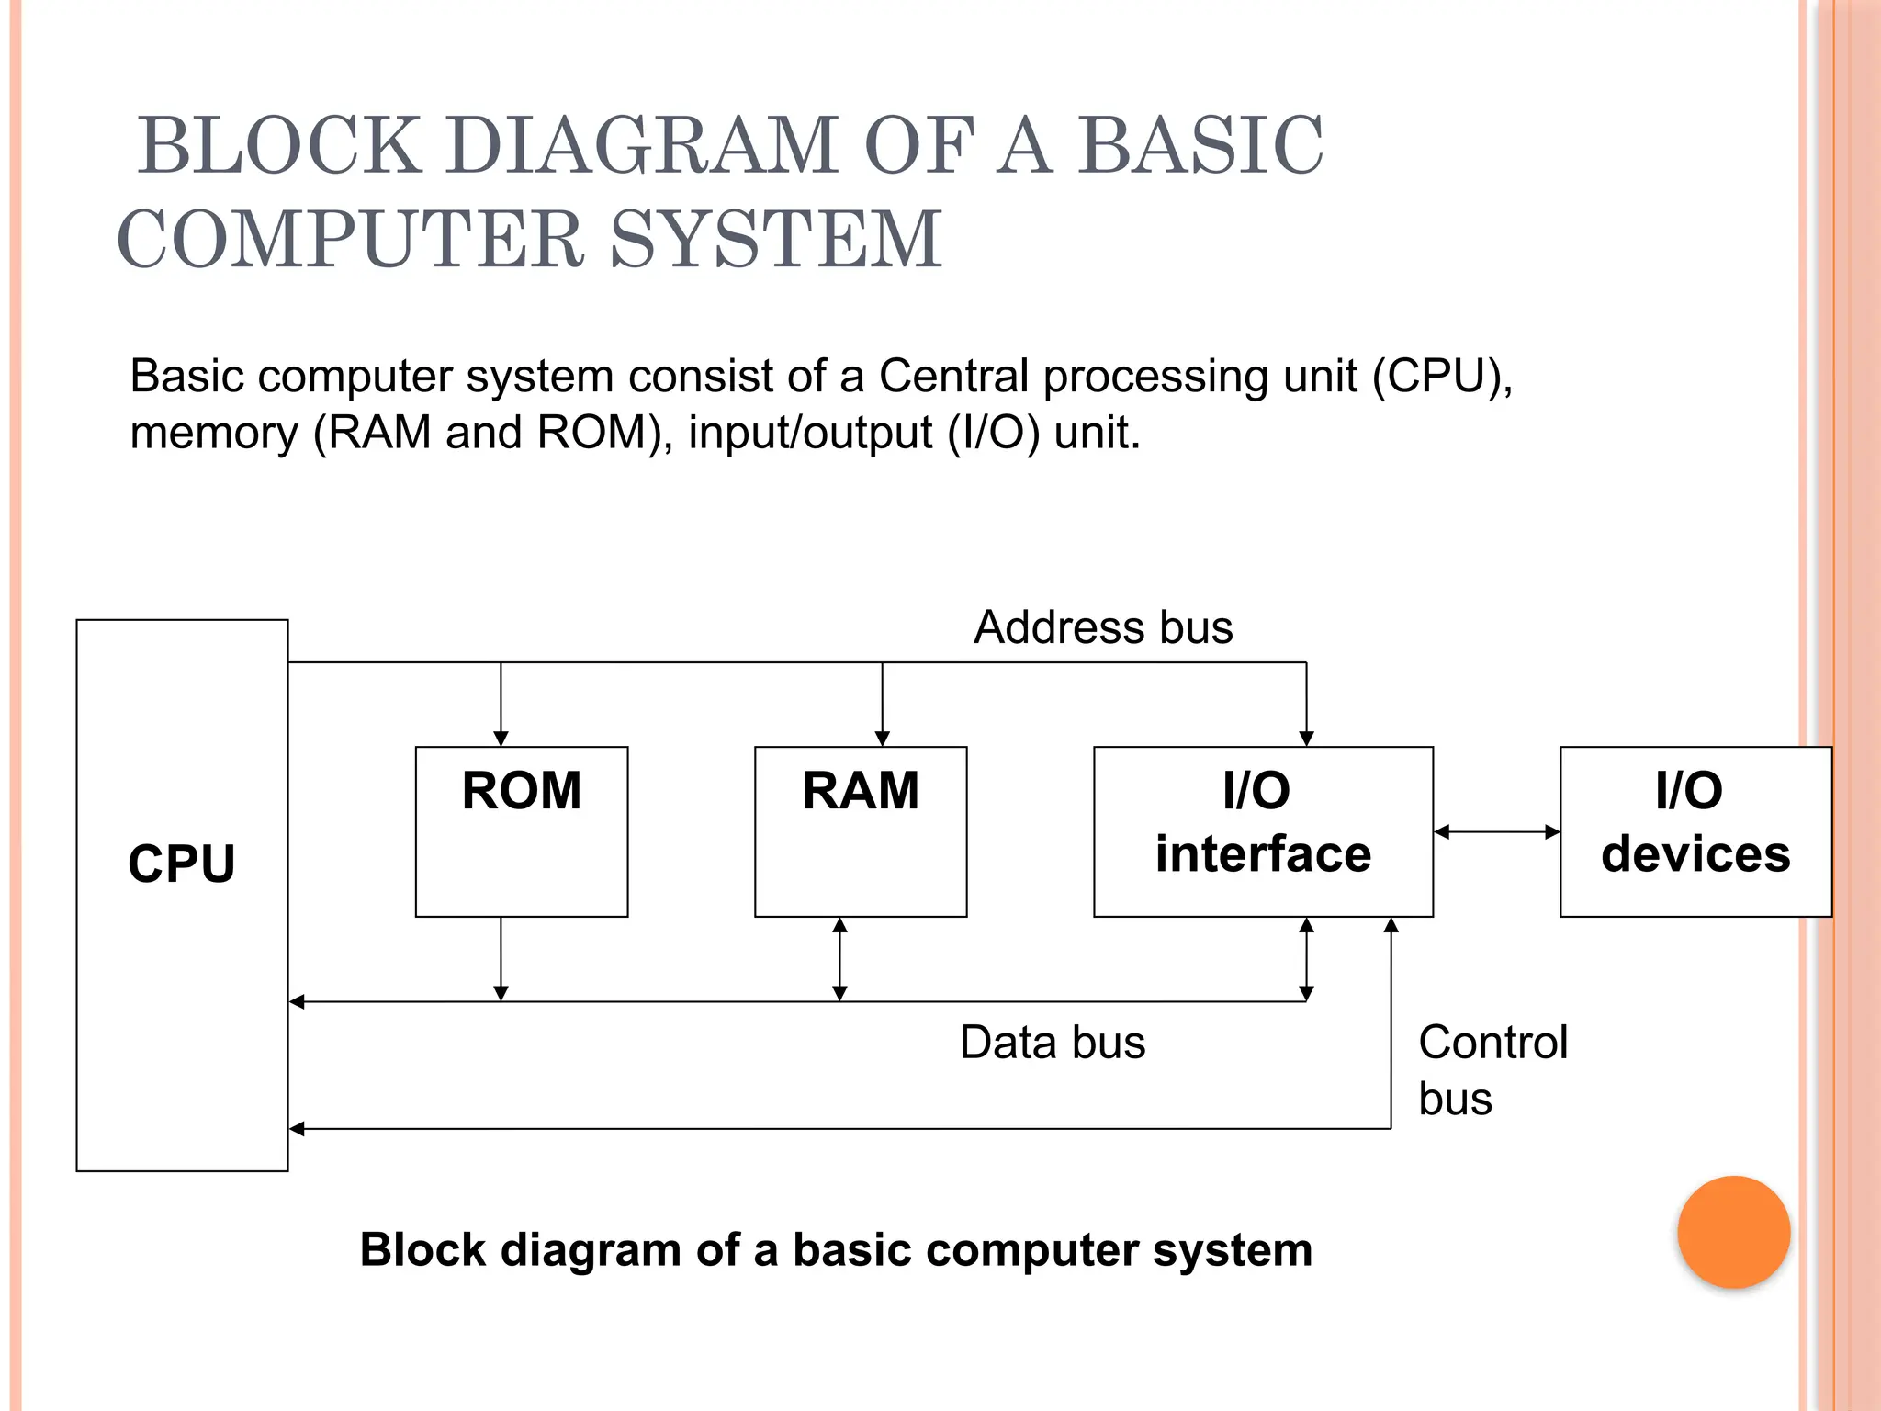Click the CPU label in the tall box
point(182,864)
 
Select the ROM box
point(521,831)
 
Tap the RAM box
point(860,831)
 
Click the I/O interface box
point(1263,831)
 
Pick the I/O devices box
point(1695,831)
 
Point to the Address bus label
point(1102,628)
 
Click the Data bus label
point(1053,1043)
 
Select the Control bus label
point(1492,1070)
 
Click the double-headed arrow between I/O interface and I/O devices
point(1496,832)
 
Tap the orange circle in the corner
point(1733,1232)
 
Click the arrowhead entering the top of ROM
point(501,739)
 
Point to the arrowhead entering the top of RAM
point(882,739)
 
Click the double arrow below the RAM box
point(839,959)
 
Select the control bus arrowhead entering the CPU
point(297,1129)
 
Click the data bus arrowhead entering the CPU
point(297,1001)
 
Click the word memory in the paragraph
point(213,433)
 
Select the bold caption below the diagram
point(836,1250)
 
